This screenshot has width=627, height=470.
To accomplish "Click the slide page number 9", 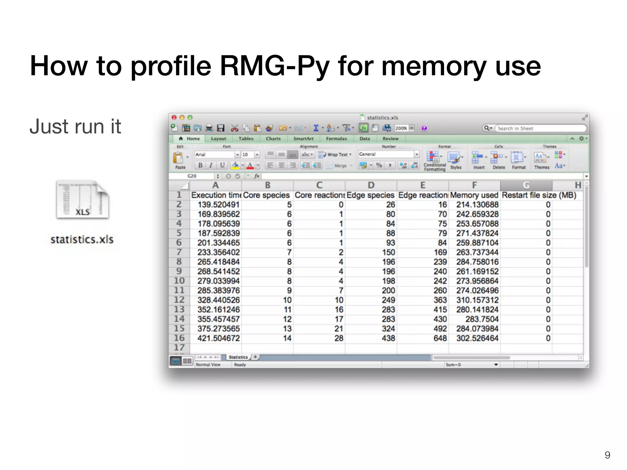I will (x=607, y=455).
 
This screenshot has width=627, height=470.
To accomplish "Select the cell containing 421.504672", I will (x=218, y=338).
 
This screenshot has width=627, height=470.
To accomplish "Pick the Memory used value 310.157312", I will (x=477, y=300).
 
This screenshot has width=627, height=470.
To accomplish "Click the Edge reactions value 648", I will (x=440, y=338).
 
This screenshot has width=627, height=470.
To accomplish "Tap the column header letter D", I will (x=371, y=185).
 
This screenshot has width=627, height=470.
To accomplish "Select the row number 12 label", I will (x=179, y=300).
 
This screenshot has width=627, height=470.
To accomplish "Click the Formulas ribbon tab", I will (x=336, y=139).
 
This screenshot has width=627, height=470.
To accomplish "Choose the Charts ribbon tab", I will (x=273, y=139).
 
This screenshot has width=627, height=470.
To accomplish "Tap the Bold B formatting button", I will (x=200, y=166).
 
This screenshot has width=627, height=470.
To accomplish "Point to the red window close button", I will (x=174, y=117).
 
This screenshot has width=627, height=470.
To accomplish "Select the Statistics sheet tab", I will (x=238, y=357).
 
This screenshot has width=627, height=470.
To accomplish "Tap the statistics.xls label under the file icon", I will (x=82, y=240).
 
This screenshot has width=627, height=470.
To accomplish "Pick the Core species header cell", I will (x=266, y=195).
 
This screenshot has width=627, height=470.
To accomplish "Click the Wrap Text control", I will (x=335, y=155).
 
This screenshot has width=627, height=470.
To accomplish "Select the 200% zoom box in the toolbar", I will (x=401, y=128).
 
